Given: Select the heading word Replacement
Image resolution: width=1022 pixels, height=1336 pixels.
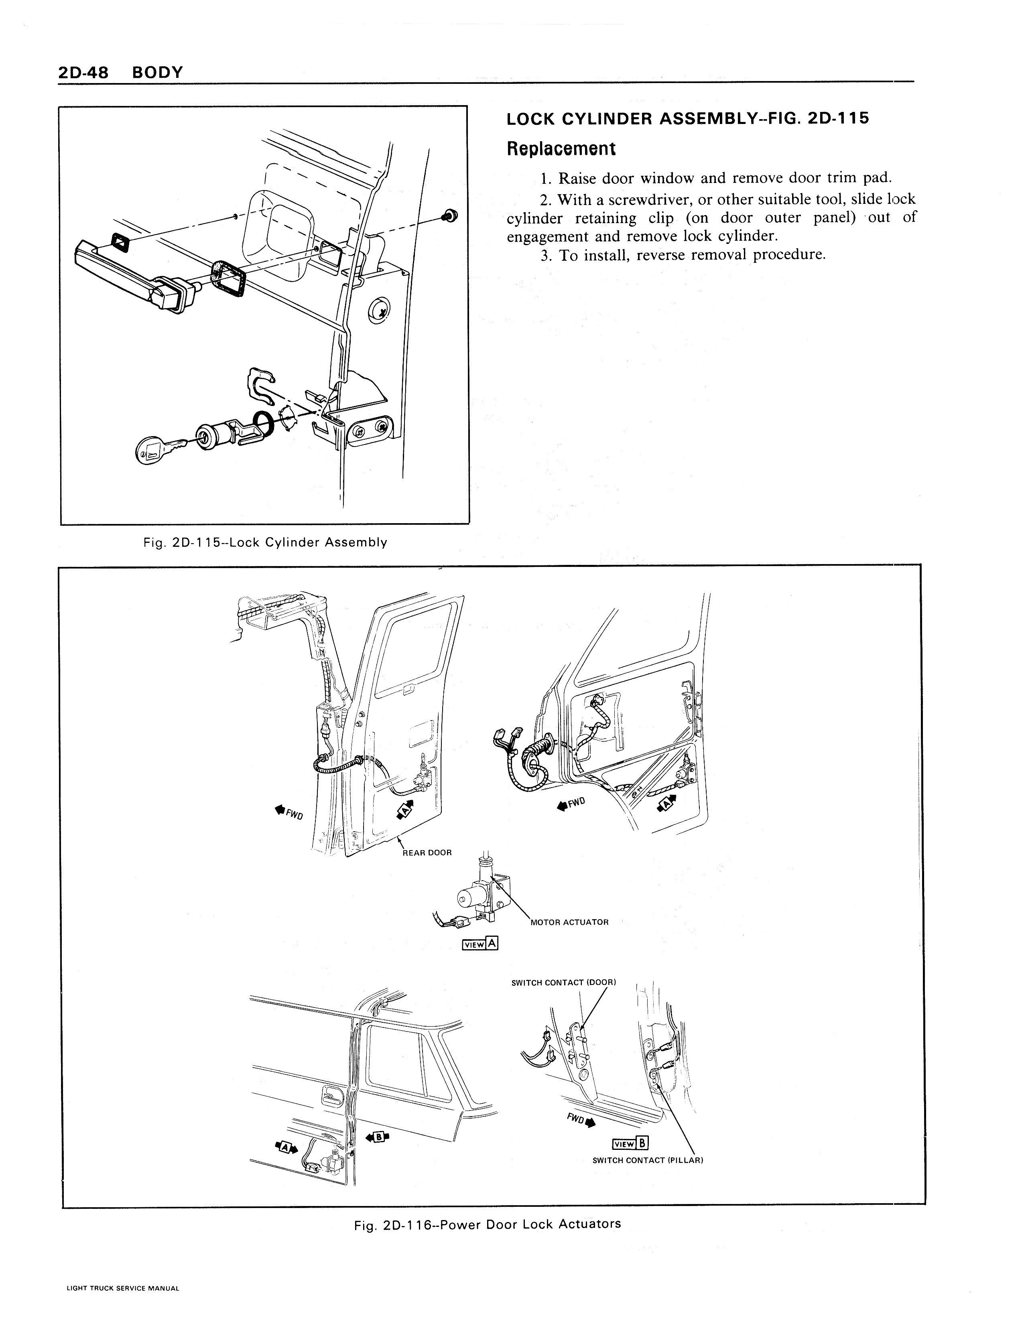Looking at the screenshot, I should click(x=561, y=149).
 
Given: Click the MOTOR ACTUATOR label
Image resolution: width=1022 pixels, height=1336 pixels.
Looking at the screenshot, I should click(x=569, y=922).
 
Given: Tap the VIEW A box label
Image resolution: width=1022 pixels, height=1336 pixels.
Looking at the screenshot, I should click(x=481, y=944).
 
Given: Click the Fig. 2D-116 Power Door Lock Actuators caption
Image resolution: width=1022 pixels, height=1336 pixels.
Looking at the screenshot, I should click(x=487, y=1224).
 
